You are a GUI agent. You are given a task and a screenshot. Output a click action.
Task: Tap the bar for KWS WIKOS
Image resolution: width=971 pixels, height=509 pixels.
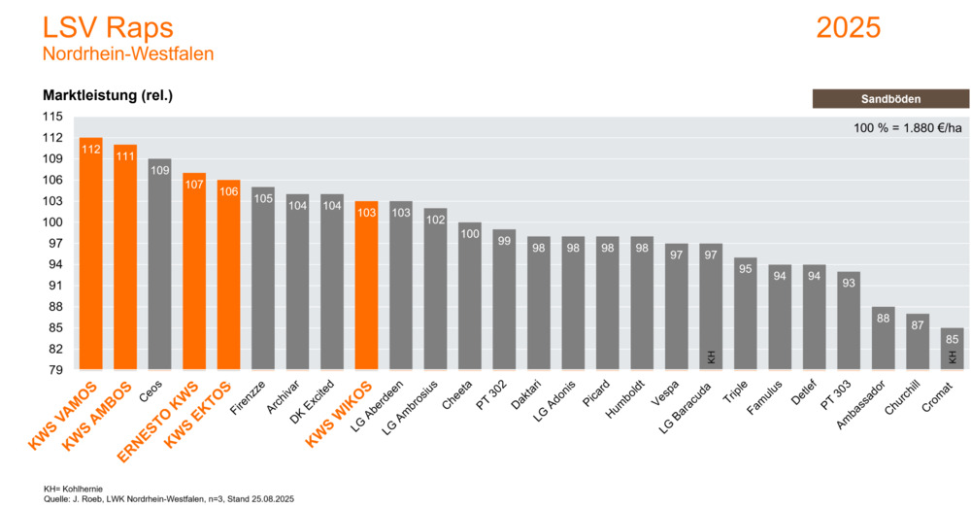coord(367,287)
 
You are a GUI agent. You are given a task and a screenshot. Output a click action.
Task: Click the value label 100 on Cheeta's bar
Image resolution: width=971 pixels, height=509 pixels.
coord(470,234)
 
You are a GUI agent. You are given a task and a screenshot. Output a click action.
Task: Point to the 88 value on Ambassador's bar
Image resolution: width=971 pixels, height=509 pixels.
coord(883,318)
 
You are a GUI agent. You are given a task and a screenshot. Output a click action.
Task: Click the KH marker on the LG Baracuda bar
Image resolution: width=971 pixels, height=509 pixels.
coord(711,357)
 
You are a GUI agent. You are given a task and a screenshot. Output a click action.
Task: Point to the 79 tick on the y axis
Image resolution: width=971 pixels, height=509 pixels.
coord(55,370)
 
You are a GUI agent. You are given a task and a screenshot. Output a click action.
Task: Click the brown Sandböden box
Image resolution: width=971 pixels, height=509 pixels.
coord(889,98)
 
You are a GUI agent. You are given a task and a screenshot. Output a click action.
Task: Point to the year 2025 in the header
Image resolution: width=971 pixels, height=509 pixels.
coord(848,27)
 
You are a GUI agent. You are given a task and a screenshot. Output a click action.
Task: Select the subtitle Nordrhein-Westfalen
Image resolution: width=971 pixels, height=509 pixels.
coord(128,53)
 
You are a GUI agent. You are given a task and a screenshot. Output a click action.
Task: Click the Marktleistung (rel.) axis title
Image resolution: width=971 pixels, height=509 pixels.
coord(108,95)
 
